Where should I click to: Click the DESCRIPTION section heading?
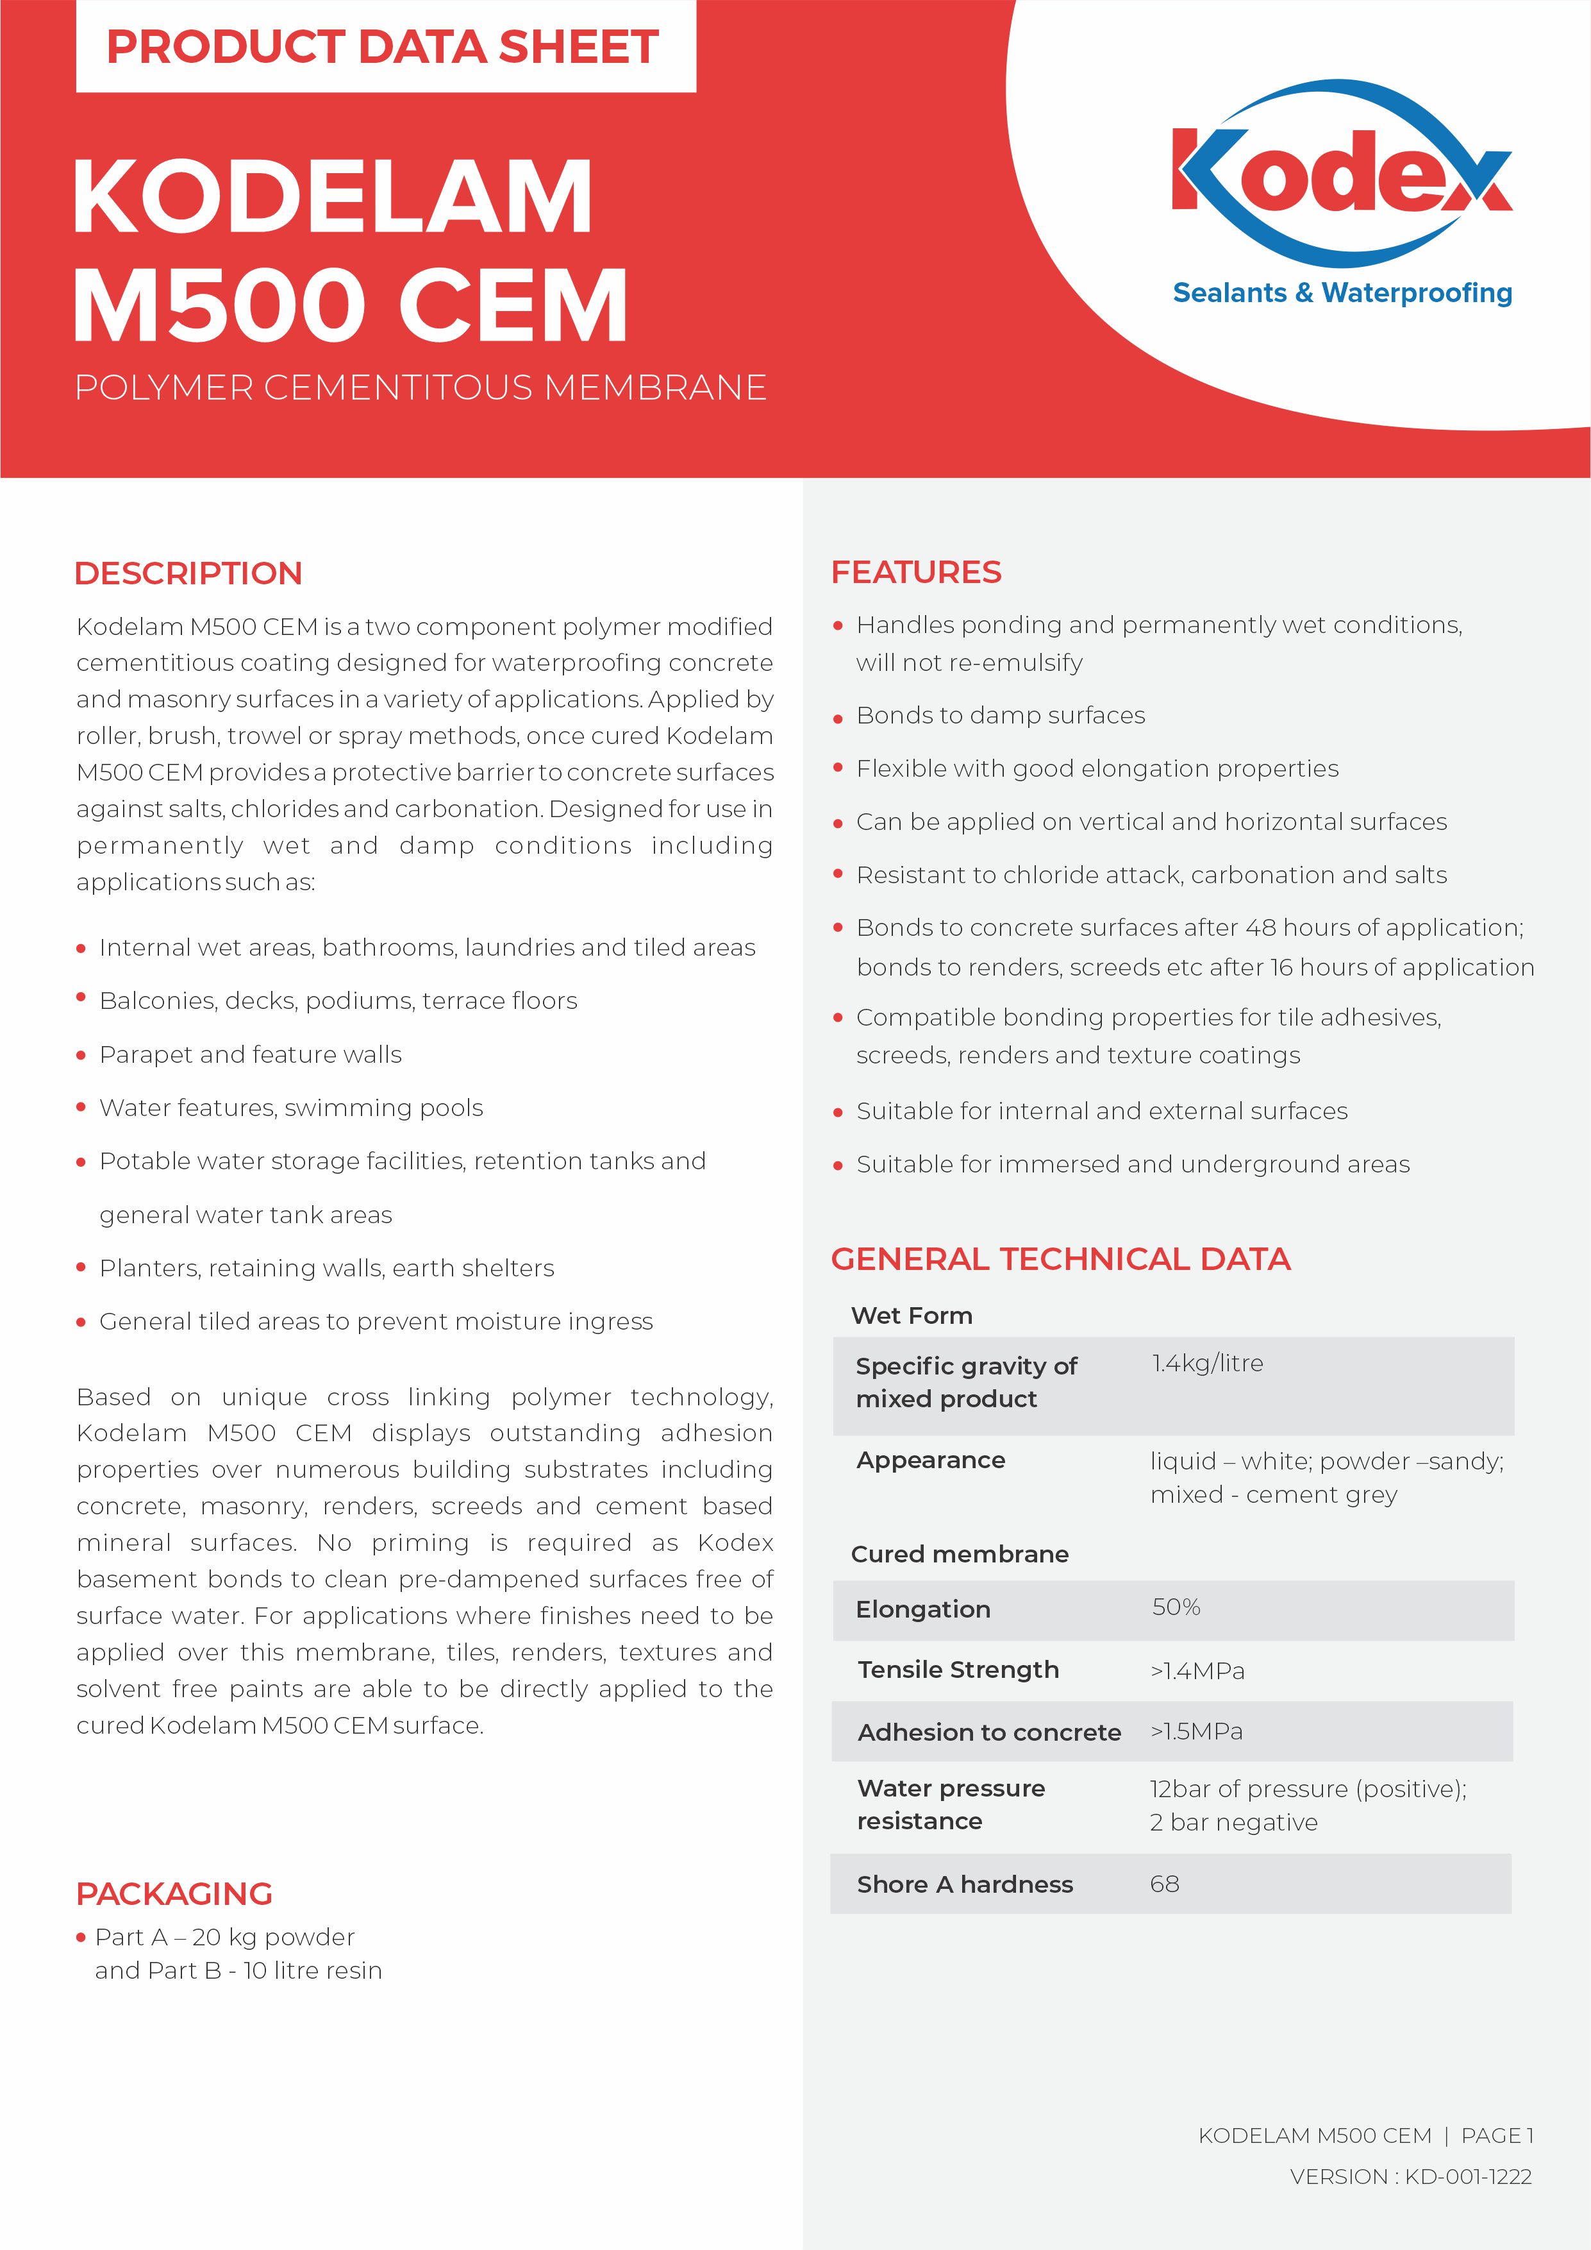click(188, 573)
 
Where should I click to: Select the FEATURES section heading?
click(916, 572)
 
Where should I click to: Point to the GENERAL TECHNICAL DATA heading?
click(1060, 1259)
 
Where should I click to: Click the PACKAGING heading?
click(174, 1894)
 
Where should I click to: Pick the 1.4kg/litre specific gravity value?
click(1207, 1363)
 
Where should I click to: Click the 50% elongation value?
click(1176, 1607)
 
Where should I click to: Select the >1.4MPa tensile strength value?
click(1197, 1671)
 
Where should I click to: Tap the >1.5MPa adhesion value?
click(1196, 1732)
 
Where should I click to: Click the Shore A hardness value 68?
click(1164, 1884)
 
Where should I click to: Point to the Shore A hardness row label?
click(965, 1884)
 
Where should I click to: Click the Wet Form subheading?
click(911, 1316)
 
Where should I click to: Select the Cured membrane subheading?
click(959, 1554)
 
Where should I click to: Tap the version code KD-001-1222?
click(1467, 2176)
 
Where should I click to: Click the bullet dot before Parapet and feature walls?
click(81, 1056)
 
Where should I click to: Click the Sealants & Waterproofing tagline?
click(1342, 293)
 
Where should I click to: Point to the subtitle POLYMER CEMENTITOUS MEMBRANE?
click(421, 388)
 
